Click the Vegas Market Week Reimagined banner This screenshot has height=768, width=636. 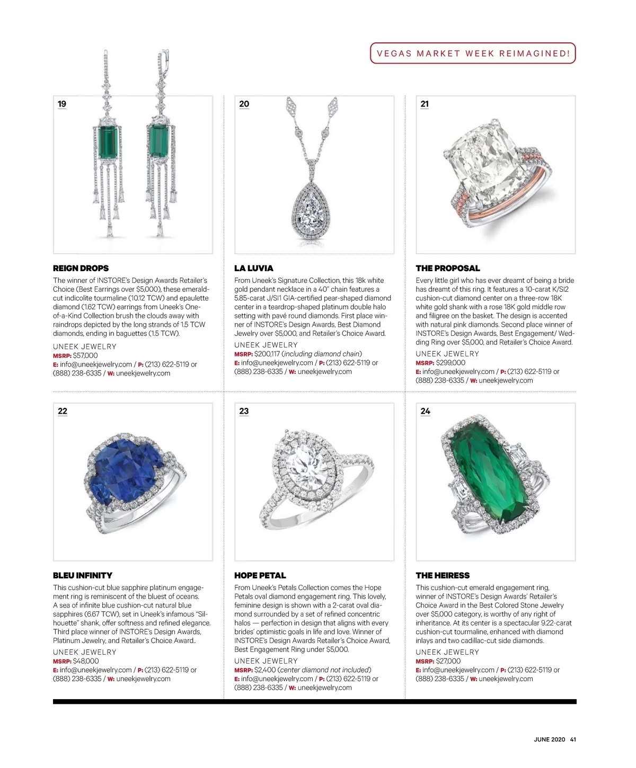(x=473, y=53)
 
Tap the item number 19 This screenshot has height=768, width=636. (x=62, y=104)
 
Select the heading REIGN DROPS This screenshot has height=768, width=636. (x=81, y=268)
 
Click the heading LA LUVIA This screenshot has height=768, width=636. (x=254, y=268)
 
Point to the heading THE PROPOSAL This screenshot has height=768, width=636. (x=448, y=268)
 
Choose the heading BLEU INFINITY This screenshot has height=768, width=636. (x=83, y=575)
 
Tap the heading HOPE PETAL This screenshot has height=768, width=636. (x=260, y=575)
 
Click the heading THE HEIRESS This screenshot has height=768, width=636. (x=443, y=575)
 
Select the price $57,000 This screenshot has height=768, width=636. (x=85, y=355)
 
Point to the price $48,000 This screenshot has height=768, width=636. (x=86, y=661)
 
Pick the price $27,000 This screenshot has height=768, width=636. (x=448, y=661)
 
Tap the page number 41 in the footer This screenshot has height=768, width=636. (x=572, y=740)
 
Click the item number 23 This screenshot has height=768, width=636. (x=244, y=411)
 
